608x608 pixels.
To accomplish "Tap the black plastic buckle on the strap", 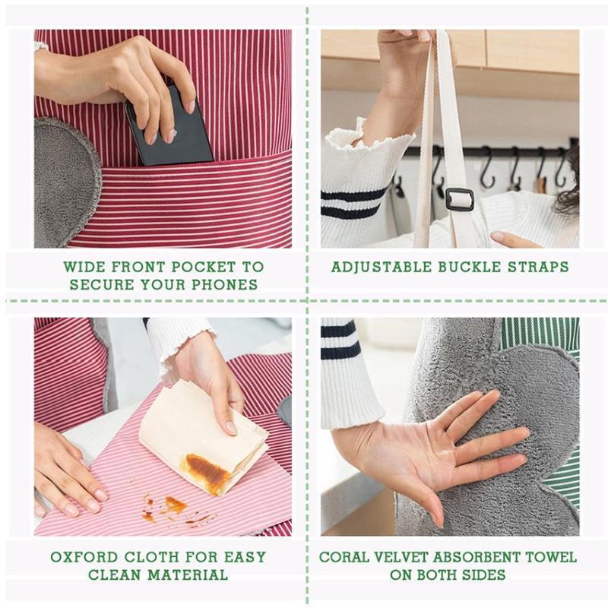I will click(x=459, y=199).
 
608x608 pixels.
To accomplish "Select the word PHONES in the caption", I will click(x=229, y=285).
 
